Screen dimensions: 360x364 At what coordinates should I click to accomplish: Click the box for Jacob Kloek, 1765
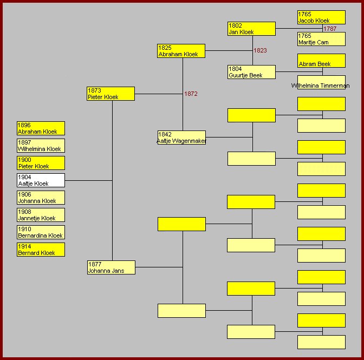coord(321,17)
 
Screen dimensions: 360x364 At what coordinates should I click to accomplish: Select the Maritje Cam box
coord(321,39)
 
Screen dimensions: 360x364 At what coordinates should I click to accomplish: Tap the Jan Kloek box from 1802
coord(251,29)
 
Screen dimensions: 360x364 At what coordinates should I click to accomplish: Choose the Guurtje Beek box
coord(251,72)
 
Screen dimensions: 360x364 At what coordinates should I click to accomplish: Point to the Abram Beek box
coord(321,61)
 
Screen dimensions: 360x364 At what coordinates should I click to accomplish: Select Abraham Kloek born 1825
coord(181,51)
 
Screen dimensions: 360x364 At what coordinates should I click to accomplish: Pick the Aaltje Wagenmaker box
coord(181,138)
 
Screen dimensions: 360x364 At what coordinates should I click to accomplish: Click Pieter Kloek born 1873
coord(110,94)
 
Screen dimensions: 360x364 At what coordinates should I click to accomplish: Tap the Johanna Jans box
coord(111,267)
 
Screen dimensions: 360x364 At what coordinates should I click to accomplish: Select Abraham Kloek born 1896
coord(41,128)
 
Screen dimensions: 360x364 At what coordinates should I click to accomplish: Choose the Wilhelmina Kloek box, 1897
coord(41,146)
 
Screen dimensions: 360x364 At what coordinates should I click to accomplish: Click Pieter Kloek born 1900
coord(41,163)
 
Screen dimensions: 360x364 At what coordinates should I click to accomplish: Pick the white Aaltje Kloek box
coord(41,180)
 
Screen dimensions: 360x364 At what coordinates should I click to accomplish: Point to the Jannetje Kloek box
coord(41,215)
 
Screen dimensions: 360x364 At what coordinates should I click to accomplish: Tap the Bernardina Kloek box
coord(41,232)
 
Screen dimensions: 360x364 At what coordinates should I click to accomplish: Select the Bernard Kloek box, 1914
coord(41,250)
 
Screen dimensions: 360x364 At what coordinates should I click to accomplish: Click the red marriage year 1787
coord(330,29)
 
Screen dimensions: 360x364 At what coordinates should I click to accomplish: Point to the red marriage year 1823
coord(260,50)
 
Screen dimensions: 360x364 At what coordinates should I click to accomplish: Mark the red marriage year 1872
coord(191,94)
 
